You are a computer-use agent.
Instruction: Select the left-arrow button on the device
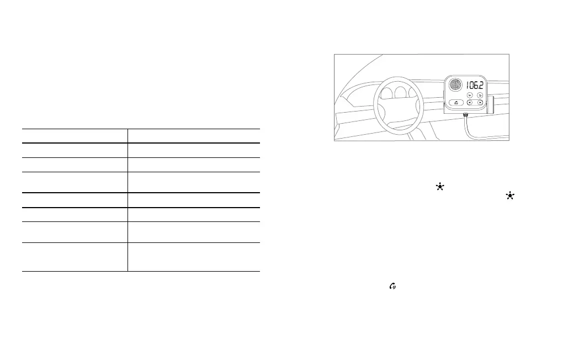[x=469, y=102]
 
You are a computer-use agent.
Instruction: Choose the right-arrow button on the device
[x=480, y=102]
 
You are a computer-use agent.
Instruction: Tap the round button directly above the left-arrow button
[x=469, y=94]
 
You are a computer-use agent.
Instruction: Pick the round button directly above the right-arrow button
[x=480, y=94]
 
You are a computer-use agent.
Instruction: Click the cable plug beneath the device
[x=465, y=115]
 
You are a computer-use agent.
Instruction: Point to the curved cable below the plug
[x=468, y=130]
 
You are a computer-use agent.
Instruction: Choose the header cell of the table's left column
[x=75, y=136]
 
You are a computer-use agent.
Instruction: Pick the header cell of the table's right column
[x=193, y=136]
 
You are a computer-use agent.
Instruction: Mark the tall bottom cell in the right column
[x=193, y=257]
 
